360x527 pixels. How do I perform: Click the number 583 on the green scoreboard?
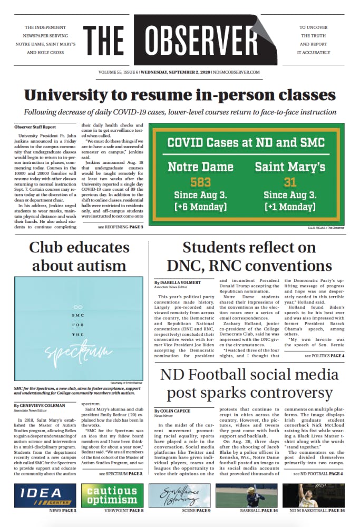tap(200, 182)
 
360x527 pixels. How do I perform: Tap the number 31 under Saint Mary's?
tap(289, 182)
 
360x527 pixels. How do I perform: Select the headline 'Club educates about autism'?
tap(77, 256)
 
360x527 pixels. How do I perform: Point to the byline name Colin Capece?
tap(171, 411)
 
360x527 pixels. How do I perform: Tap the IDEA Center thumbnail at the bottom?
tap(46, 495)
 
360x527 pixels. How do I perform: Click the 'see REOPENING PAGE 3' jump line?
tap(120, 227)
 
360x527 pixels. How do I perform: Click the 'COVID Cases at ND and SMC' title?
tap(246, 142)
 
